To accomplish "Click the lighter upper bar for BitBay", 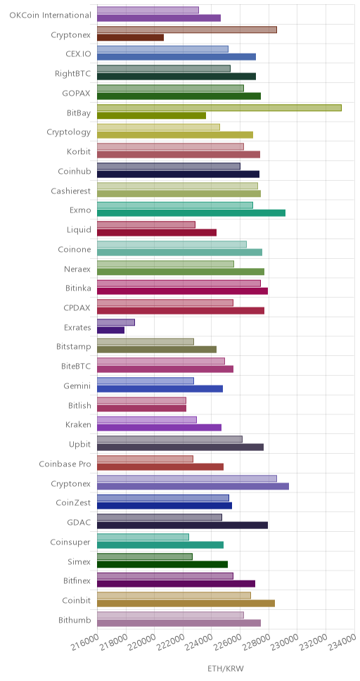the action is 219,108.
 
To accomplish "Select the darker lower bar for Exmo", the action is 191,212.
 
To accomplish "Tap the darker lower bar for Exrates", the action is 110,330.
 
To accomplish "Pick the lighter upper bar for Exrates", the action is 116,322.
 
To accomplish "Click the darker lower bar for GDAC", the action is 182,525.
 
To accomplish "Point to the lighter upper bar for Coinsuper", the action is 143,537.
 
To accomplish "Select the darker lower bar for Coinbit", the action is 186,603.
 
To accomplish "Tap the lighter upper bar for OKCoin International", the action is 148,10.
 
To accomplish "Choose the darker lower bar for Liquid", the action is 157,232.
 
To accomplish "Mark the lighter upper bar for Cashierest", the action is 178,186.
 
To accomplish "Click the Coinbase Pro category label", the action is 65,464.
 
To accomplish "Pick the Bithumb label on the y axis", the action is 75,620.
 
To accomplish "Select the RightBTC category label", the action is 73,73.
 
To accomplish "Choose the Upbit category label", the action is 80,445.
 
